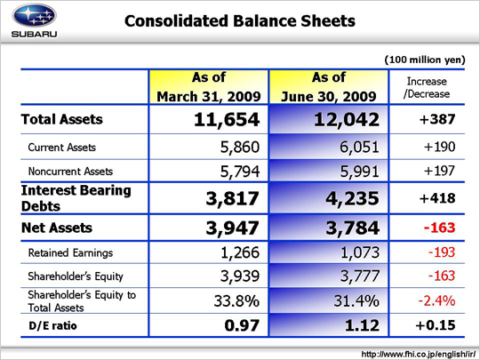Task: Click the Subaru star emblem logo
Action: coord(34,16)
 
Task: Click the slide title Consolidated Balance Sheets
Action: coord(240,21)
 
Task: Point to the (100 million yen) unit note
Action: coord(425,60)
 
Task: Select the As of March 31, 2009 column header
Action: coord(209,87)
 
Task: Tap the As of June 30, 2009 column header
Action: coord(329,87)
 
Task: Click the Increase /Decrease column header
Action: coord(427,87)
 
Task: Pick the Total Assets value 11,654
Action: coord(227,119)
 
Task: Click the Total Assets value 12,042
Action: coord(347,119)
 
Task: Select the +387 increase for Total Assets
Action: coord(437,119)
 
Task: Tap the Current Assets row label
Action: coord(62,148)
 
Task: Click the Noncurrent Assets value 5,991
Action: coord(360,172)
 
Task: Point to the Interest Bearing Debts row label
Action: coord(76,198)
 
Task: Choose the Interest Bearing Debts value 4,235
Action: coord(352,198)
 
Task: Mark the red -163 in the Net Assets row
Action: coord(440,228)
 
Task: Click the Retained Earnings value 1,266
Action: coord(240,252)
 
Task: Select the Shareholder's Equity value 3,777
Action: coord(360,276)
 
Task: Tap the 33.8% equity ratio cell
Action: coord(236,300)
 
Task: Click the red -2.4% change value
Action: coord(436,300)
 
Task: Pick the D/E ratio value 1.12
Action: coord(362,325)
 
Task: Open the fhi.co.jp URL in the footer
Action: coord(419,354)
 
